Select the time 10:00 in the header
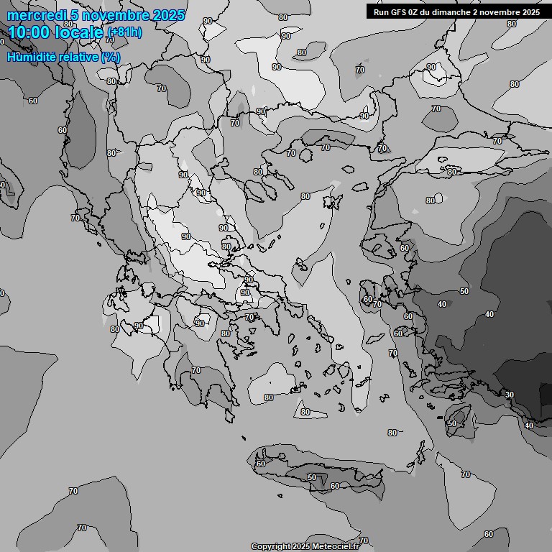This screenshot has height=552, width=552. (x=28, y=32)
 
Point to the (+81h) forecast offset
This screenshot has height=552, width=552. (x=124, y=32)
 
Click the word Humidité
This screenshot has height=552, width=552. (x=32, y=57)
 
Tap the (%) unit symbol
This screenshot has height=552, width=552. (x=111, y=57)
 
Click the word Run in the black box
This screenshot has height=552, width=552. (x=382, y=12)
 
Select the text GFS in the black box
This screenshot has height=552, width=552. (x=399, y=12)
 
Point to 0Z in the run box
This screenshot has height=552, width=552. (x=415, y=12)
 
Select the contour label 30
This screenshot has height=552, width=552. (x=510, y=395)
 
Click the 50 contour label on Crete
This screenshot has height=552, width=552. (x=312, y=477)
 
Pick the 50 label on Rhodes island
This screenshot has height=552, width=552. (x=451, y=424)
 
